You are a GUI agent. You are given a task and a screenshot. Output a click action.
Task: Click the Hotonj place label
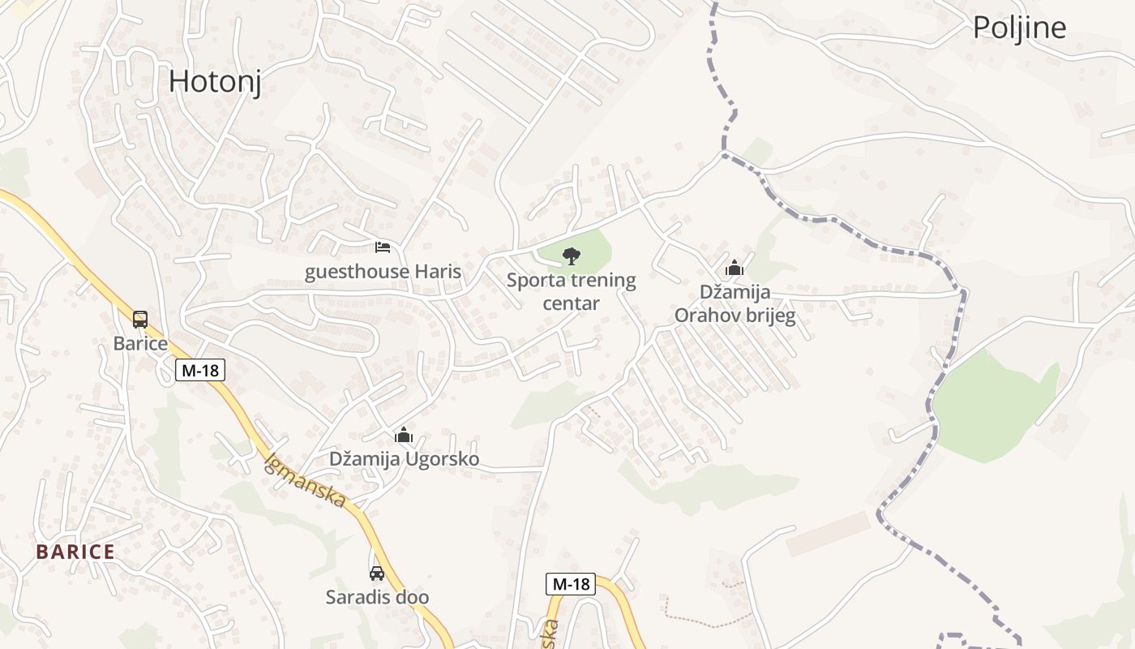215,82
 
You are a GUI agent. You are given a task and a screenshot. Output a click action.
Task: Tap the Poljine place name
1019,28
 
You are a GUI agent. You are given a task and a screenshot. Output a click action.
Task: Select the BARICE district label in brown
75,552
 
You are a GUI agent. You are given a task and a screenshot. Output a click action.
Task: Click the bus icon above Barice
140,319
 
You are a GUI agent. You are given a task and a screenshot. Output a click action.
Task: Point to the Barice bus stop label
140,343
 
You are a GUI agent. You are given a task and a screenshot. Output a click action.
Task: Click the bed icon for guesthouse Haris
383,247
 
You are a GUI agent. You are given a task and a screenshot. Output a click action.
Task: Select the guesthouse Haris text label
383,272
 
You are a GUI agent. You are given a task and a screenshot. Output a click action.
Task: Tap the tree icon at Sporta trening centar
572,256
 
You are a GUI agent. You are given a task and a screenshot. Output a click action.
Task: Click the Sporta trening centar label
572,292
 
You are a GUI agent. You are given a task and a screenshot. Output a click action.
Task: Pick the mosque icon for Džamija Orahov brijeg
735,267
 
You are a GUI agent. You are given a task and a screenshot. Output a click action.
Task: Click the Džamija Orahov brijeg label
735,303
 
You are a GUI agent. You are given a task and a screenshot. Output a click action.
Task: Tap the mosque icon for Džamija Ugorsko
404,436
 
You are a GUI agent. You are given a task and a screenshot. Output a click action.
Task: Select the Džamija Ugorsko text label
404,459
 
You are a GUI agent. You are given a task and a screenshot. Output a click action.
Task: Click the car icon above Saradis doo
377,574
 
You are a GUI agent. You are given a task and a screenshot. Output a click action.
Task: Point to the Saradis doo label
377,598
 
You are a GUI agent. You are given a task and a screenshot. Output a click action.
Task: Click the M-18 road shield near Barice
200,371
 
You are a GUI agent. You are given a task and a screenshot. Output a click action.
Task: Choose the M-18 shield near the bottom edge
570,584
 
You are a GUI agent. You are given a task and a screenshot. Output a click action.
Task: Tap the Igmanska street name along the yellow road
306,480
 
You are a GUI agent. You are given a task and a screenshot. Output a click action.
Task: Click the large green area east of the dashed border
993,406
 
